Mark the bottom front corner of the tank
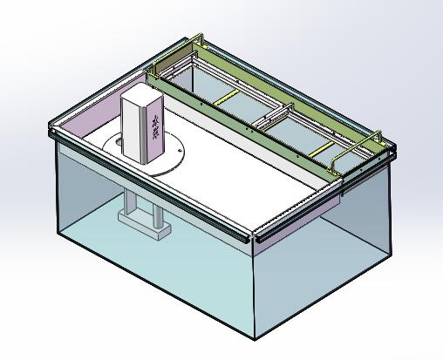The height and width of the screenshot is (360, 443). (255, 339)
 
